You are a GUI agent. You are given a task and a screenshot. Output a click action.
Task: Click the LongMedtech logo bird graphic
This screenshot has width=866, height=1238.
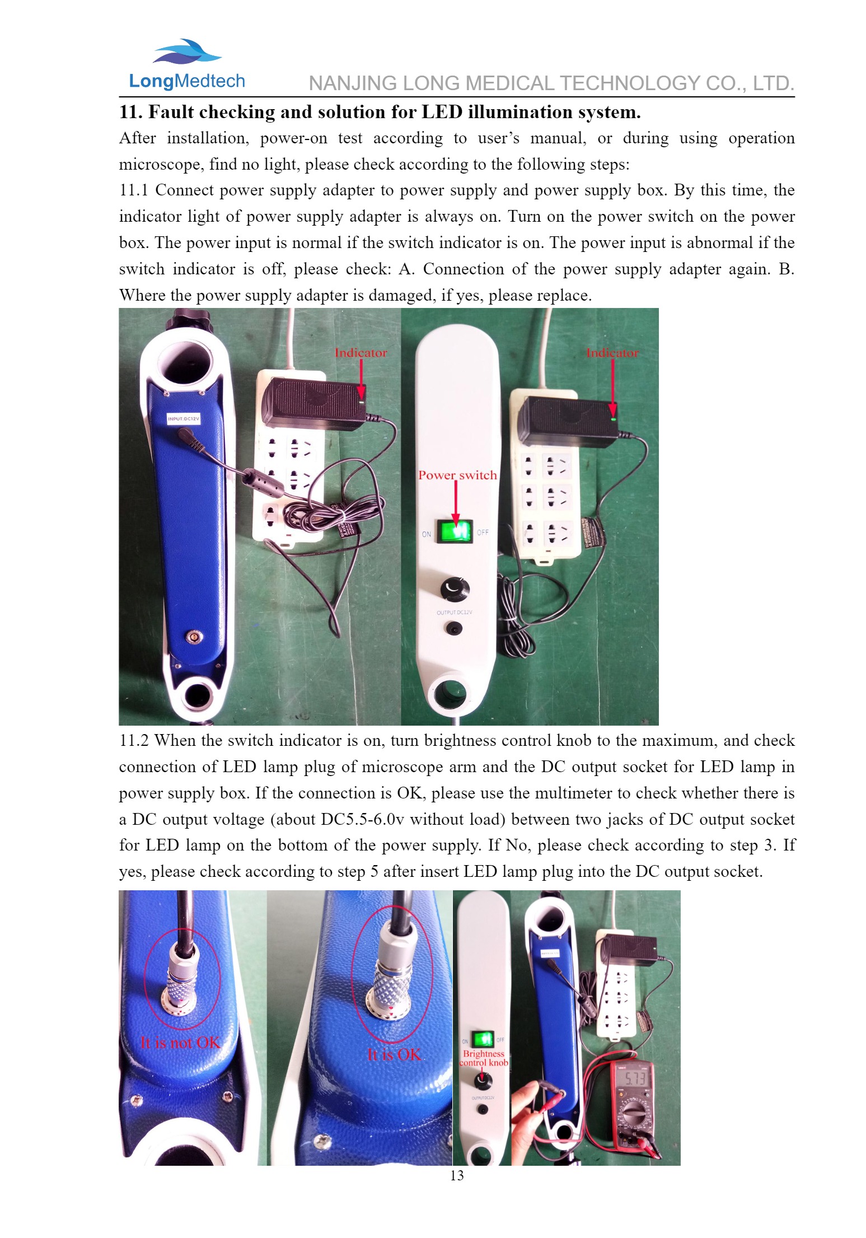(187, 52)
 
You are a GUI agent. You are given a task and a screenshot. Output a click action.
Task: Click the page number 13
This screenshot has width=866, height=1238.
(457, 1175)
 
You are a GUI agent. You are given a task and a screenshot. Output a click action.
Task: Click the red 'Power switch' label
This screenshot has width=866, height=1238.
(457, 475)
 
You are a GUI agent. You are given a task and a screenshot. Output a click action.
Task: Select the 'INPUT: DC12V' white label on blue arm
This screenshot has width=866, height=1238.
(184, 418)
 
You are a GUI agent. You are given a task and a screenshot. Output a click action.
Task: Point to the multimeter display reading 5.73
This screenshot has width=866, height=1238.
(635, 1078)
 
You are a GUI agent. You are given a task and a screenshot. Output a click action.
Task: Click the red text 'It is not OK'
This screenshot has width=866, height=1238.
(180, 1043)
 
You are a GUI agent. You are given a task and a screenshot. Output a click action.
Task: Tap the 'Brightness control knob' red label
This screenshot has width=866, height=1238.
(484, 1058)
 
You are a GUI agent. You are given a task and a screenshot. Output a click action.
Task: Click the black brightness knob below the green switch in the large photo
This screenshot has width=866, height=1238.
(455, 588)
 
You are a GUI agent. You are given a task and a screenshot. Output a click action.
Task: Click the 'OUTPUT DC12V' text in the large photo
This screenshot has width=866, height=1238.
(454, 613)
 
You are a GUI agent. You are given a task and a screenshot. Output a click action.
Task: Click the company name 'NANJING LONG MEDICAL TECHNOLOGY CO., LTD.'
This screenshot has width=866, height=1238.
(551, 83)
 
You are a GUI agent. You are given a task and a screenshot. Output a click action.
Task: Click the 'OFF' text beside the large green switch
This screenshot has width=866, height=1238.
(483, 532)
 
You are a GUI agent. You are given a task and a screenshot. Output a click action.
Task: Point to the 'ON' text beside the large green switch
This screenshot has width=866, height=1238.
(427, 534)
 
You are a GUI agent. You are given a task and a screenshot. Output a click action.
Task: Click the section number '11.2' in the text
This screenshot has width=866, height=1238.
(134, 741)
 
